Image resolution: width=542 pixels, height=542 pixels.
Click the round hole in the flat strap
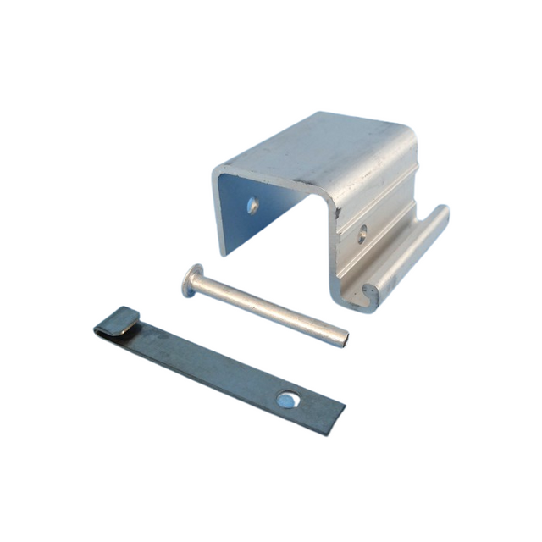[x=288, y=397]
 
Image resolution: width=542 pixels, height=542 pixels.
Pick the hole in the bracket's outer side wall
[x=362, y=230]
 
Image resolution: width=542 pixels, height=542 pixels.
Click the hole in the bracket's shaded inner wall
[x=252, y=204]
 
